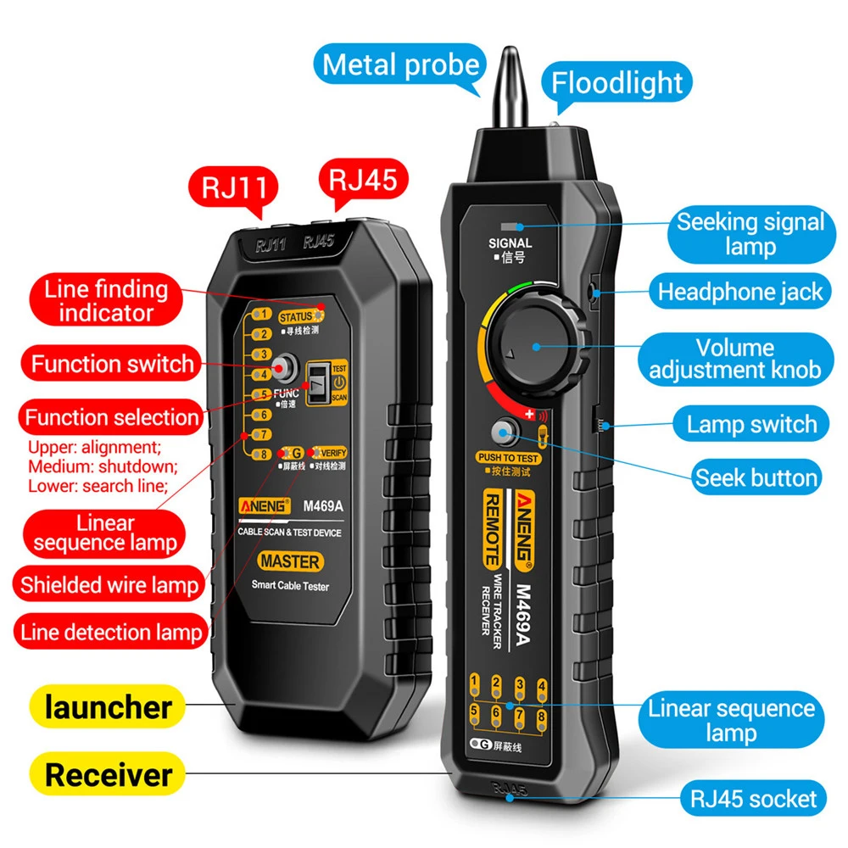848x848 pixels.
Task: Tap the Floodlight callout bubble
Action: tap(616, 83)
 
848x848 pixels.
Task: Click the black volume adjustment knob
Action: tap(536, 345)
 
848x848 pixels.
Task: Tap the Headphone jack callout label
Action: tap(740, 293)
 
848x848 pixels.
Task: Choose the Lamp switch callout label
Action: tap(751, 424)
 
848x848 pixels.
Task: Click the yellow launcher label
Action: tap(108, 706)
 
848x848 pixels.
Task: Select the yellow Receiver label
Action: tap(108, 774)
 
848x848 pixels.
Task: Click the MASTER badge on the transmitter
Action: tap(290, 561)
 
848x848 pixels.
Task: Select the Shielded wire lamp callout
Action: tap(109, 585)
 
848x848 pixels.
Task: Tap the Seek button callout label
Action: tap(756, 477)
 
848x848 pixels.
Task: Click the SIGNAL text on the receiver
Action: tap(510, 243)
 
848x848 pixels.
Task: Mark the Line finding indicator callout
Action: tap(106, 301)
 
